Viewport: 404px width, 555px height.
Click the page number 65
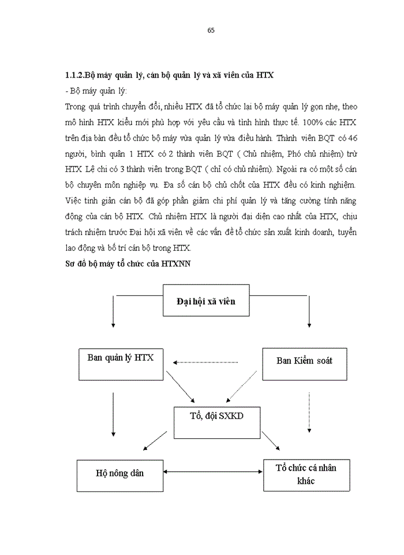[x=211, y=31]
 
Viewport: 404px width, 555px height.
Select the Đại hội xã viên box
[x=206, y=301]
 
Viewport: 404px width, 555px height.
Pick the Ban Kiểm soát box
[x=305, y=362]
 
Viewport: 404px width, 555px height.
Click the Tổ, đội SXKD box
[x=216, y=417]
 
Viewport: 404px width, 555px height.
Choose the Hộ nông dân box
[x=120, y=473]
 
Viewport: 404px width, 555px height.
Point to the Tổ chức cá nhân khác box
[x=306, y=474]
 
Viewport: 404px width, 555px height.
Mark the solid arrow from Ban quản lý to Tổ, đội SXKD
[x=179, y=387]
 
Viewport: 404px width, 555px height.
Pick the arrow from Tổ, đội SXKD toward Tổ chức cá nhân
[x=271, y=441]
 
